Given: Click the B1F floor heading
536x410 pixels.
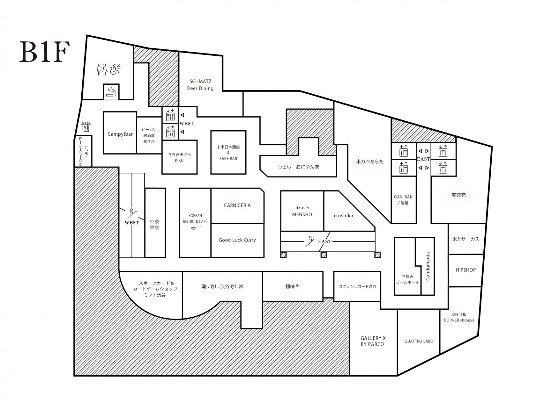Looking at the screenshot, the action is click(x=45, y=52).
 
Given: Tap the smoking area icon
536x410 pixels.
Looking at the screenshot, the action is click(x=111, y=92).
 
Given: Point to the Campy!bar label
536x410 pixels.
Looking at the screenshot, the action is click(x=120, y=134).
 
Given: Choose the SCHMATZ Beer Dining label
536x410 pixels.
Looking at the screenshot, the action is click(x=200, y=85).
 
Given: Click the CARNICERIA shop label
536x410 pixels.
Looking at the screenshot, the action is click(x=237, y=205).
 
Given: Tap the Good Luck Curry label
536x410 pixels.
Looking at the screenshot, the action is click(x=237, y=240).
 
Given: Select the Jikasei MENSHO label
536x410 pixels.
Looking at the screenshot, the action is click(x=302, y=211).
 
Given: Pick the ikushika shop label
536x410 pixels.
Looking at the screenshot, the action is click(x=343, y=216).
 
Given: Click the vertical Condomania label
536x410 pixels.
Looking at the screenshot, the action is click(x=428, y=266).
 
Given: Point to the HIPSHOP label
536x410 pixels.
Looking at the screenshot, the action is click(x=465, y=270).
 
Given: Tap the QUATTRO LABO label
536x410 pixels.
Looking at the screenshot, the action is click(x=419, y=341).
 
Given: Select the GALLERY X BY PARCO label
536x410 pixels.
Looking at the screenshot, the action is click(x=373, y=341).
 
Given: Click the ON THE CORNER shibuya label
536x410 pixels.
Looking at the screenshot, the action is click(x=459, y=317).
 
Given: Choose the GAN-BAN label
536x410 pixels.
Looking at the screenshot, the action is click(x=403, y=197).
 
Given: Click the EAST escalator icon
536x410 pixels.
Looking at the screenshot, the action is click(x=310, y=241).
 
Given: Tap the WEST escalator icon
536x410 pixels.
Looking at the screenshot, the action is click(x=131, y=213).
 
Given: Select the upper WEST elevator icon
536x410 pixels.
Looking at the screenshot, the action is click(x=170, y=115).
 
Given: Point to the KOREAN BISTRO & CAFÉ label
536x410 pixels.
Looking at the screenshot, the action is click(x=195, y=221).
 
